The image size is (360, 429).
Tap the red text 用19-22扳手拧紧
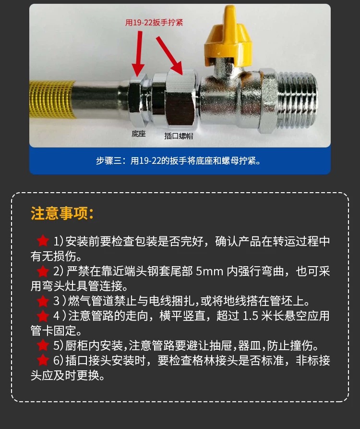pos(154,23)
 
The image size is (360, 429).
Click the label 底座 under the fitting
pos(139,134)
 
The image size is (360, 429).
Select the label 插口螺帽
pos(179,135)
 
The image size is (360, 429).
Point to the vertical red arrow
pos(138,54)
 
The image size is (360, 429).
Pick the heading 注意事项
pos(62,213)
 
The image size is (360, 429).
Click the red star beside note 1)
pos(43,241)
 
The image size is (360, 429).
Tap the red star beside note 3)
pos(43,301)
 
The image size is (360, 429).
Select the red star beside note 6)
pos(43,360)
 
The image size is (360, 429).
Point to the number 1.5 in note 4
pos(250,316)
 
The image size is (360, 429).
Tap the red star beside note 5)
pos(43,345)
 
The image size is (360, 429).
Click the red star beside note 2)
pos(43,271)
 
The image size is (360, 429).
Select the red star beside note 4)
pos(43,316)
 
